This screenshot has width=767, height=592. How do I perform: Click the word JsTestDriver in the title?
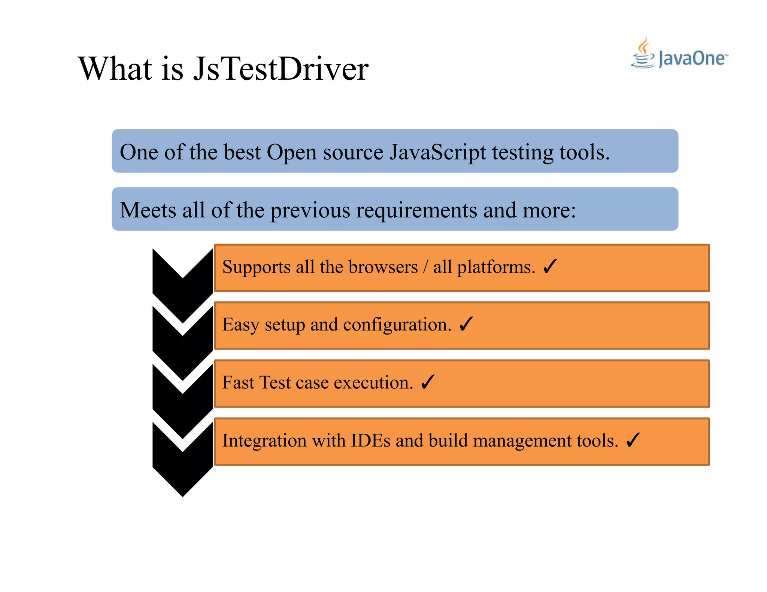281,69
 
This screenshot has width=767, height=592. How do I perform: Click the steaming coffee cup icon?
643,54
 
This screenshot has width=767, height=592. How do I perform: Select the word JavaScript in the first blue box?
437,152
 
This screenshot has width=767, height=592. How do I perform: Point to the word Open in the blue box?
292,153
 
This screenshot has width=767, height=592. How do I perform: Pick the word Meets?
148,210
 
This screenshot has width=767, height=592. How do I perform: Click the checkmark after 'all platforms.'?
550,266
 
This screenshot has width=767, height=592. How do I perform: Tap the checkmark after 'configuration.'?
466,324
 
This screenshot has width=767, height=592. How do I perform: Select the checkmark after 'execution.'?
427,382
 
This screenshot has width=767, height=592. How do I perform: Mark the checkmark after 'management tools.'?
633,440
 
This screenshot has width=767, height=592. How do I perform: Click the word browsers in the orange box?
383,267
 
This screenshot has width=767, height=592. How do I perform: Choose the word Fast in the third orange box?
238,382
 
